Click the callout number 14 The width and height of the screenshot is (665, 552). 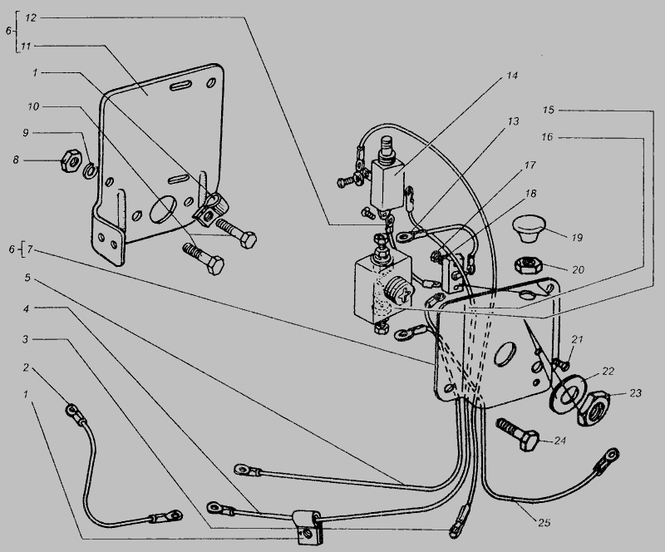[x=511, y=76]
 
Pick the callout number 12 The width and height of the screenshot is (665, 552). [x=31, y=17]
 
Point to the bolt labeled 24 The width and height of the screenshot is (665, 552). [x=519, y=433]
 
